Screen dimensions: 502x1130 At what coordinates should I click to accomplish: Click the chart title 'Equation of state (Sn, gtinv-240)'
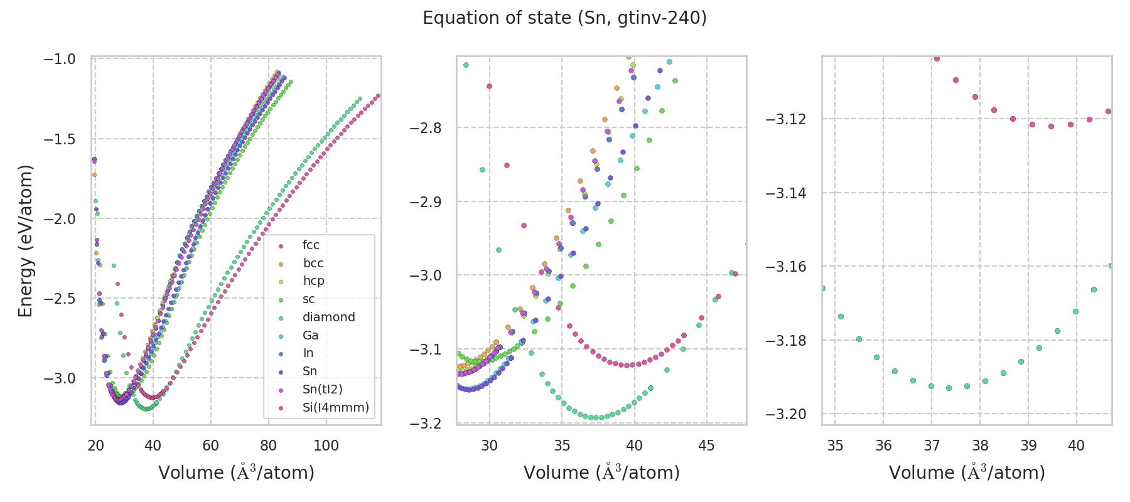click(564, 18)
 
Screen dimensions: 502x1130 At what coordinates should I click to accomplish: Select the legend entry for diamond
click(328, 317)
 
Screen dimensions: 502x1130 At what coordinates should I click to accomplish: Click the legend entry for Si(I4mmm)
click(335, 407)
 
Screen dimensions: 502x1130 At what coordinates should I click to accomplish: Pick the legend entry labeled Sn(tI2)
click(322, 389)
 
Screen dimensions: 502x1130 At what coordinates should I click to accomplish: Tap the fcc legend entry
click(311, 245)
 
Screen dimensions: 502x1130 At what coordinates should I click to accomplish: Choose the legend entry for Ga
click(310, 335)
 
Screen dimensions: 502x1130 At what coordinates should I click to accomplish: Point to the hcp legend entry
click(313, 280)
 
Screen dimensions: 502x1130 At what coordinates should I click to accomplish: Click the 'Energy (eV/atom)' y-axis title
click(25, 241)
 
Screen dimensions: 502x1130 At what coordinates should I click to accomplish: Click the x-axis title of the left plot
click(236, 472)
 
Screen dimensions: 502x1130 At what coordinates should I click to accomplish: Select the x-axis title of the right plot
click(967, 472)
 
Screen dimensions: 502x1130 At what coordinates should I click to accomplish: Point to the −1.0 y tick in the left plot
click(59, 59)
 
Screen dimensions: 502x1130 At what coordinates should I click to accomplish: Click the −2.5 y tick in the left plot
click(59, 298)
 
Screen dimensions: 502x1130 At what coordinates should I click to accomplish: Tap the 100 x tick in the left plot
click(326, 446)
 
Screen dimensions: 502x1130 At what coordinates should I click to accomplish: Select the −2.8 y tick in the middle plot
click(425, 128)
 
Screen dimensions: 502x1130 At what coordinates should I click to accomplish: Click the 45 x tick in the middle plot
click(707, 446)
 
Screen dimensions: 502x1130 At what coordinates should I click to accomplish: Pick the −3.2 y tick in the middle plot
click(425, 424)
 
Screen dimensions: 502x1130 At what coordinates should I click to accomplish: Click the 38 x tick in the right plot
click(980, 446)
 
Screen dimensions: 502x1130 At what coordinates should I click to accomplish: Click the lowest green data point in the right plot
click(949, 388)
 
